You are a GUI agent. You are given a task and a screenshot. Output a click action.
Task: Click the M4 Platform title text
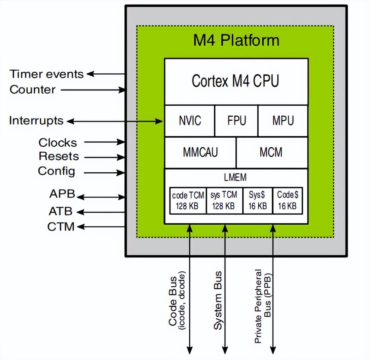pos(236,40)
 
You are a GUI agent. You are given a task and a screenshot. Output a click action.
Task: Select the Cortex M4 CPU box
pos(236,81)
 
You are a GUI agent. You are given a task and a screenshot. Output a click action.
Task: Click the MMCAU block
pos(200,152)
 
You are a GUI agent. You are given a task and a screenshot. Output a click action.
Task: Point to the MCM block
pos(272,152)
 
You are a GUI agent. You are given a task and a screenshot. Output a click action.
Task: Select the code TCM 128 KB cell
pos(187,201)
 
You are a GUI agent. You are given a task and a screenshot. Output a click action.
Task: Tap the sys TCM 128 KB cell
pos(224,201)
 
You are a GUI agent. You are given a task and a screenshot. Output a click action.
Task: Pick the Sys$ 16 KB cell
pos(257,201)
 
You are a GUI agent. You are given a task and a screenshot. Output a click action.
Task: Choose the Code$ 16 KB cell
pos(287,201)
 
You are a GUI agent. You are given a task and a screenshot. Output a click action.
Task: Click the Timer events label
pos(46,74)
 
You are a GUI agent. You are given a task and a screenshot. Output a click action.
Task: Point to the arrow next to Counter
pos(92,90)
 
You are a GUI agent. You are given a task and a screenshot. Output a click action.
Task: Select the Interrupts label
pos(36,120)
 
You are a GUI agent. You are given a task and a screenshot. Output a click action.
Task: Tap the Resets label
pos(59,156)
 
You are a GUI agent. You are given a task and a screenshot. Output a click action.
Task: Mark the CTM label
pos(61,227)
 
